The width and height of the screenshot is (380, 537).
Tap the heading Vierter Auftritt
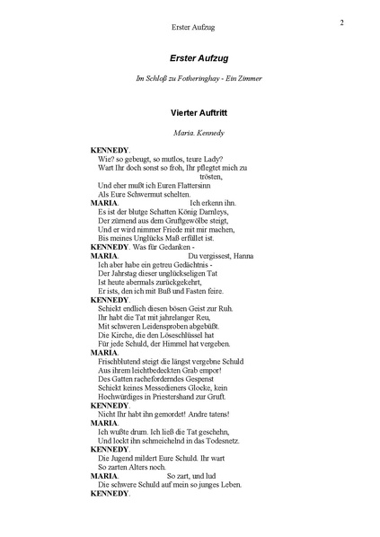click(190, 114)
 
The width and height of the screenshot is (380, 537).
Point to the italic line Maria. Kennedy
click(190, 133)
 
